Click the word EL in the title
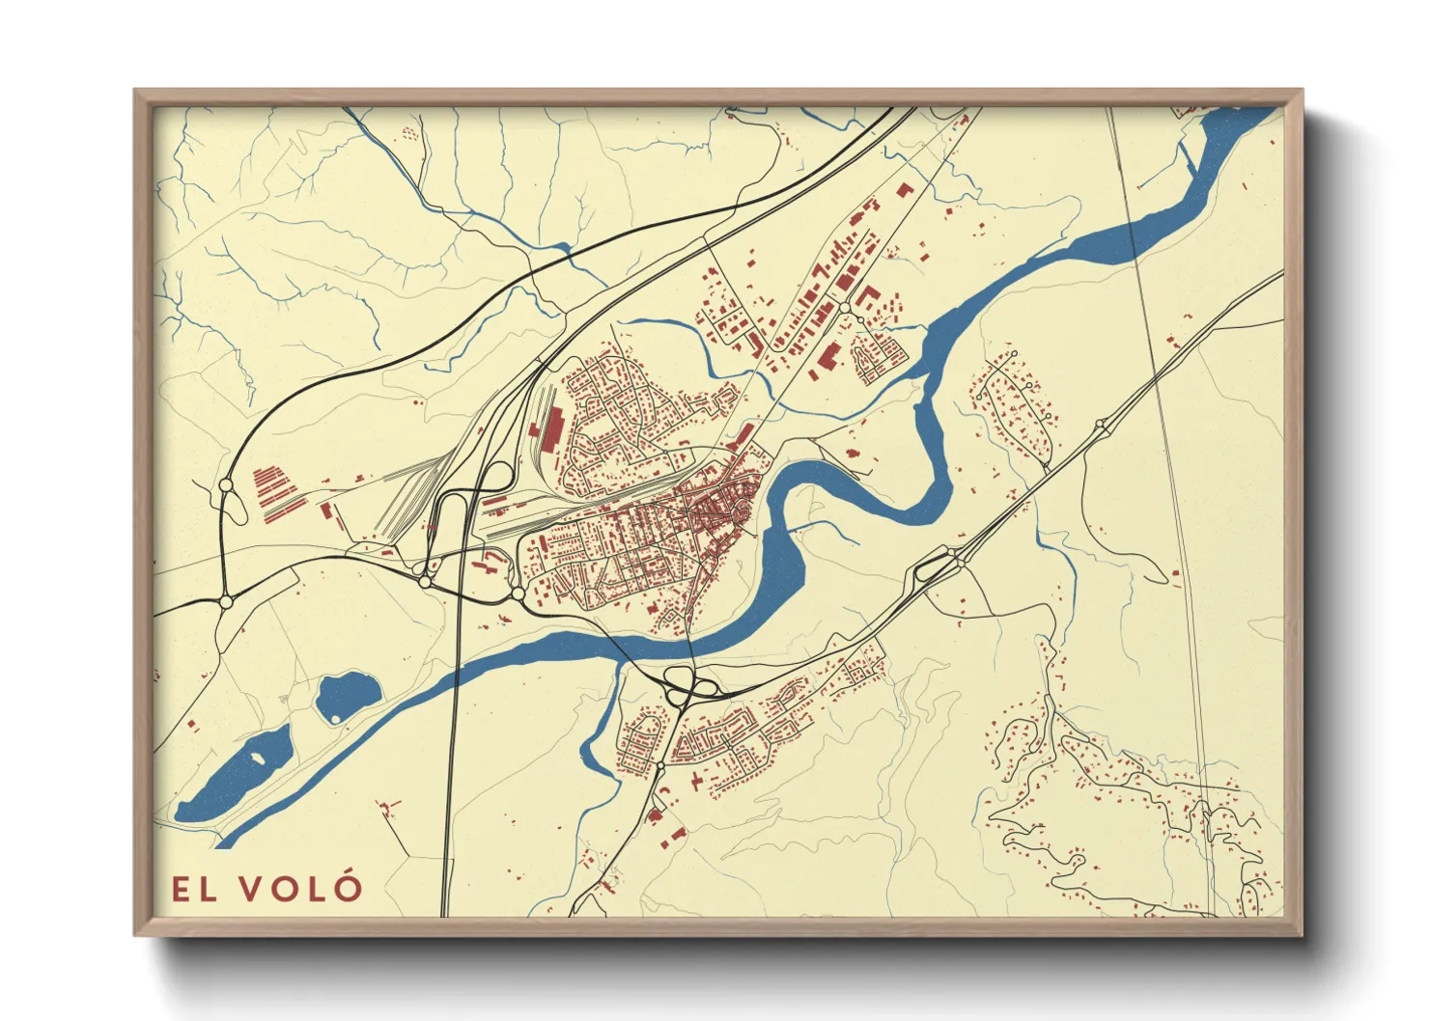pos(194,890)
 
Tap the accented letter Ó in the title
pos(350,887)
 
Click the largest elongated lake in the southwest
pos(237,772)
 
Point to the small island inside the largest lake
pos(258,758)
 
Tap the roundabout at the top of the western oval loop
pos(226,485)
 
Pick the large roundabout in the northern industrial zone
pos(846,308)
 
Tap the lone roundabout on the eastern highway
pos(1100,424)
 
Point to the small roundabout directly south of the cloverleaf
pos(659,765)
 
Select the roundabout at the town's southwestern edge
pos(518,593)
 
